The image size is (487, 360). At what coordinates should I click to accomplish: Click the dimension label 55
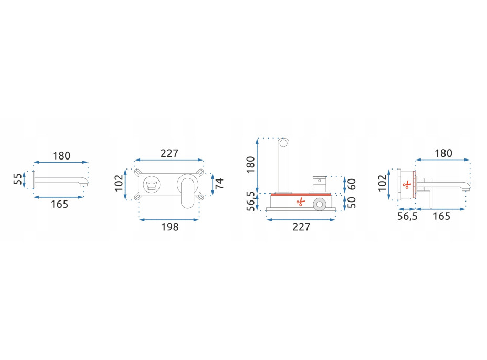18,179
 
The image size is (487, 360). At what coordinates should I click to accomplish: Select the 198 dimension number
170,227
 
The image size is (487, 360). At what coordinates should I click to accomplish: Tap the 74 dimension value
219,184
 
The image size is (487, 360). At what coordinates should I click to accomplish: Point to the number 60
351,184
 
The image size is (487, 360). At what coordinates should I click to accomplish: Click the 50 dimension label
351,202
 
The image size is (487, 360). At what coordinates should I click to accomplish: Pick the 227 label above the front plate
170,153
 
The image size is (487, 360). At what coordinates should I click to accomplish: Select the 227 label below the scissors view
301,227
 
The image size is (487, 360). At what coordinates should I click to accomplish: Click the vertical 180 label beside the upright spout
250,165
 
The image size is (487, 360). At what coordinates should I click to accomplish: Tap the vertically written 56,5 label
250,202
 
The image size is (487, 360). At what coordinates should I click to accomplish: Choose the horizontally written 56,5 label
407,216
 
